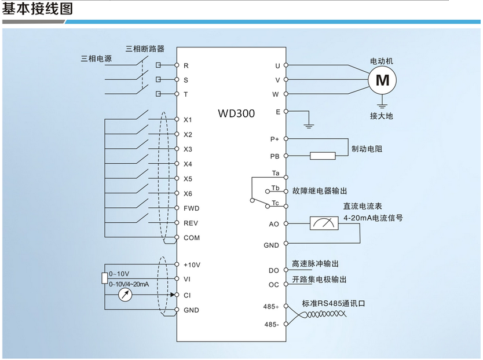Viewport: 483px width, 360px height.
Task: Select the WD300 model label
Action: click(x=236, y=113)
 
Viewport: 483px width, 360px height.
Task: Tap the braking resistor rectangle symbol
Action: click(x=323, y=156)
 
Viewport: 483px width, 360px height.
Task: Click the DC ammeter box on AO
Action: click(x=324, y=223)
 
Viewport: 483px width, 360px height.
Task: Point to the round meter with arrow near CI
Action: click(x=125, y=295)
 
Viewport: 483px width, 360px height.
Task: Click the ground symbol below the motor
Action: click(x=382, y=106)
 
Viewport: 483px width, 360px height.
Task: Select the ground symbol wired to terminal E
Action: click(x=309, y=126)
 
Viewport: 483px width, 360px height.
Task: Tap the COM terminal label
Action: click(x=192, y=238)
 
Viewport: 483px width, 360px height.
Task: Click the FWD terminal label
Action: click(x=191, y=208)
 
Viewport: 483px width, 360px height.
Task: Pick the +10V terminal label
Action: click(x=192, y=265)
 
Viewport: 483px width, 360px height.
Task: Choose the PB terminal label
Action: click(x=275, y=156)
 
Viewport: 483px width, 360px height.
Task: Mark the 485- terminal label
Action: click(x=272, y=325)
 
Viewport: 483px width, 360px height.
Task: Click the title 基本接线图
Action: click(x=38, y=8)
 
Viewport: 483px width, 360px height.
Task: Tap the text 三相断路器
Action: click(x=145, y=49)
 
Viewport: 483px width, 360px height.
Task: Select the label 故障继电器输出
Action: click(x=320, y=191)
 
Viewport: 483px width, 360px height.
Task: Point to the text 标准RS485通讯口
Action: click(x=334, y=304)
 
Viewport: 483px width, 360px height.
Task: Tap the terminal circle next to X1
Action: click(x=177, y=119)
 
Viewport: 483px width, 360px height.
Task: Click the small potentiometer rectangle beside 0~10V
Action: click(x=105, y=278)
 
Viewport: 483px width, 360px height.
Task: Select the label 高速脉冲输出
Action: click(x=315, y=263)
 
